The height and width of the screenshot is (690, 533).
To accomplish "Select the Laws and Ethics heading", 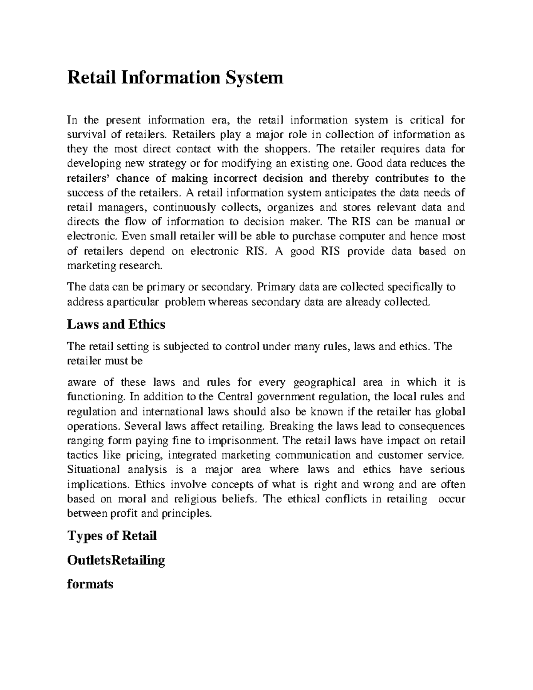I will [116, 324].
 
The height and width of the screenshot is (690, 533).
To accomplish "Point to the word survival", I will [84, 135].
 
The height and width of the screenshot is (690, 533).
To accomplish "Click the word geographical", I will [325, 382].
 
